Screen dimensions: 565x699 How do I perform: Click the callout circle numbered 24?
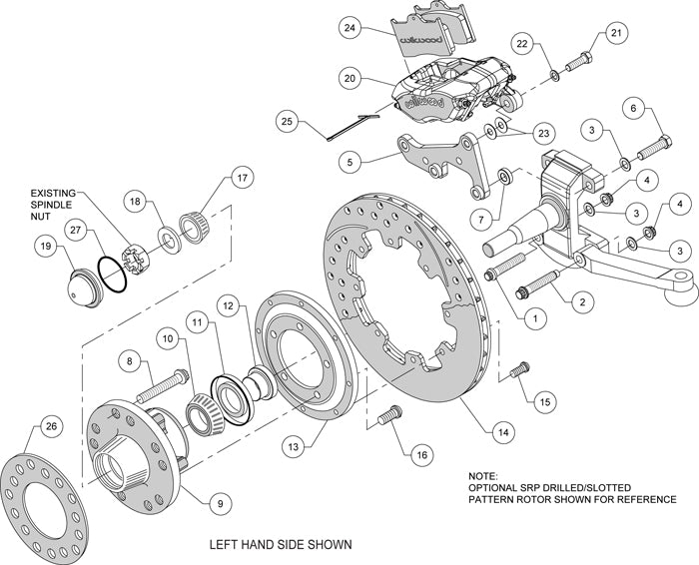tap(348, 29)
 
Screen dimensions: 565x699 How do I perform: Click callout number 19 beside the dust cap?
tap(46, 244)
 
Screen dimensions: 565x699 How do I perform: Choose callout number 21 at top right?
tap(615, 34)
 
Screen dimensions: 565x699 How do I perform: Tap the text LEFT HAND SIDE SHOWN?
tap(279, 545)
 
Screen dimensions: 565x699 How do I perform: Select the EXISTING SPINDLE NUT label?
tap(58, 205)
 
